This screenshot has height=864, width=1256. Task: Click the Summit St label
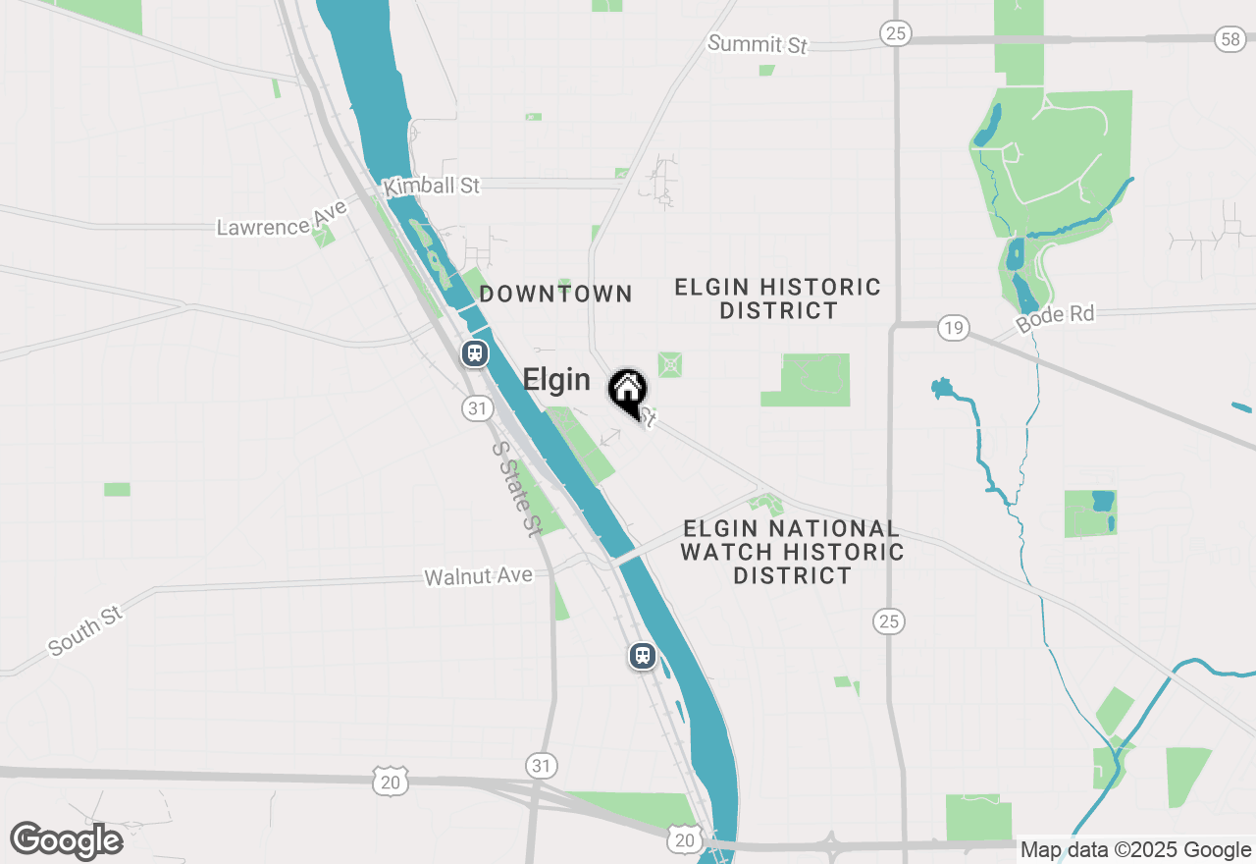click(758, 44)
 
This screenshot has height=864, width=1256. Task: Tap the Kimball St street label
click(433, 185)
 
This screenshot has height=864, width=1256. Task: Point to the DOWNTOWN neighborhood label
click(556, 294)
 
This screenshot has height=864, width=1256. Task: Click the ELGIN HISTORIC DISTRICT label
click(778, 298)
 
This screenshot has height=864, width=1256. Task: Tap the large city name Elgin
click(556, 380)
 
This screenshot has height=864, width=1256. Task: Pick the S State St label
click(516, 488)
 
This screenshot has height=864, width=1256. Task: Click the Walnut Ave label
click(478, 576)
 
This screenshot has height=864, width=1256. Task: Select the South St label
click(85, 630)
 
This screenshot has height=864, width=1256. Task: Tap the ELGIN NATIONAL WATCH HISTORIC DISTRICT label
click(792, 552)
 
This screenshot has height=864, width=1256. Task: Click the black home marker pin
click(628, 391)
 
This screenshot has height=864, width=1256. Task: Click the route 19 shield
click(952, 327)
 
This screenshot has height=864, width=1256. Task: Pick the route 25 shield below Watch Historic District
click(889, 621)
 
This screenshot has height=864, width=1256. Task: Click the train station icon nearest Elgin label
click(476, 353)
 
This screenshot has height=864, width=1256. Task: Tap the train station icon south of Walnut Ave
click(643, 655)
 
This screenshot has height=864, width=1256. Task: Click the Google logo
click(67, 840)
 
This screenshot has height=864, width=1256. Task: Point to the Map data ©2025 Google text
click(1135, 850)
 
